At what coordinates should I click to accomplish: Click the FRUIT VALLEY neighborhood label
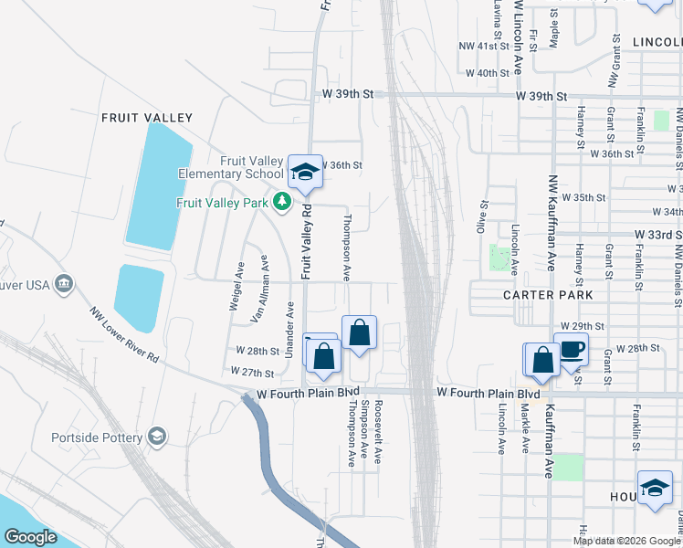[x=147, y=118]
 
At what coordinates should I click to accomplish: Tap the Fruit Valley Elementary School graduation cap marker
[x=305, y=171]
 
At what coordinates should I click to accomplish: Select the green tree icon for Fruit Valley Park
[x=283, y=202]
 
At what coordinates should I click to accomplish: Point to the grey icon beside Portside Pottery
[x=157, y=437]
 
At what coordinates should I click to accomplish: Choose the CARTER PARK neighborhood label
[x=547, y=295]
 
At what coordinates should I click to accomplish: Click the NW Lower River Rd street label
[x=123, y=336]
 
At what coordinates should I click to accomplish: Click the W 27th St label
[x=253, y=373]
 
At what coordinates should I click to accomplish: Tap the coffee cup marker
[x=571, y=349]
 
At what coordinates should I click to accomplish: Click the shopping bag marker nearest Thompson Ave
[x=360, y=334]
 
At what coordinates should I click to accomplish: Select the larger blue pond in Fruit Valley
[x=158, y=186]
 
